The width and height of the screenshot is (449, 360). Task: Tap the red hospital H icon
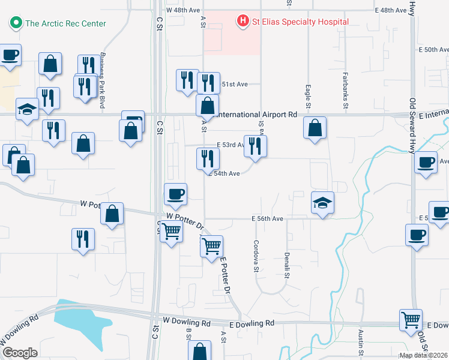pos(243,22)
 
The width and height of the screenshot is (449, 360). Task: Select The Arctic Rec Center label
pos(65,23)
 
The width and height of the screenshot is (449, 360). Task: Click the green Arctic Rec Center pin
pos(15,23)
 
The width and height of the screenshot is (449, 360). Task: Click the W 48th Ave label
pos(183,11)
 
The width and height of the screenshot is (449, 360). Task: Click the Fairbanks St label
pos(346,90)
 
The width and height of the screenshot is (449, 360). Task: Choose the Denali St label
pos(286,264)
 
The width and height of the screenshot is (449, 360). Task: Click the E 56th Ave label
pos(267,219)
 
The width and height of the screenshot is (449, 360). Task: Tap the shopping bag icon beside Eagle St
pos(315,128)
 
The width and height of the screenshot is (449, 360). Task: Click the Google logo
pos(20,353)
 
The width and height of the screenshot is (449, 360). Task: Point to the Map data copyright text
pos(423,355)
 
